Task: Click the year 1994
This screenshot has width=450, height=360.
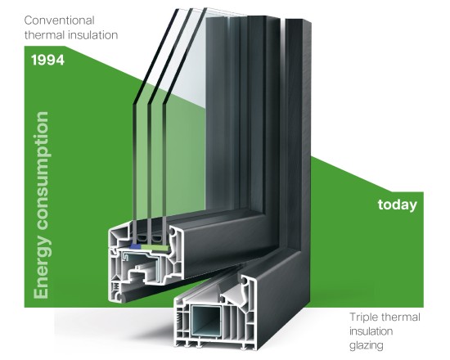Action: coord(47,61)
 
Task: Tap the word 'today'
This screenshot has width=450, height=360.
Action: coord(397,205)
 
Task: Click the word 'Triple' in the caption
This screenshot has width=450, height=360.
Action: coord(365,317)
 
